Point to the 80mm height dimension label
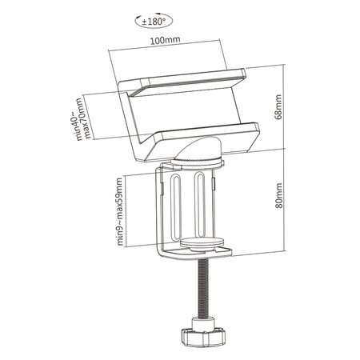tap(278, 194)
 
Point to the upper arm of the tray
tap(180, 79)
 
